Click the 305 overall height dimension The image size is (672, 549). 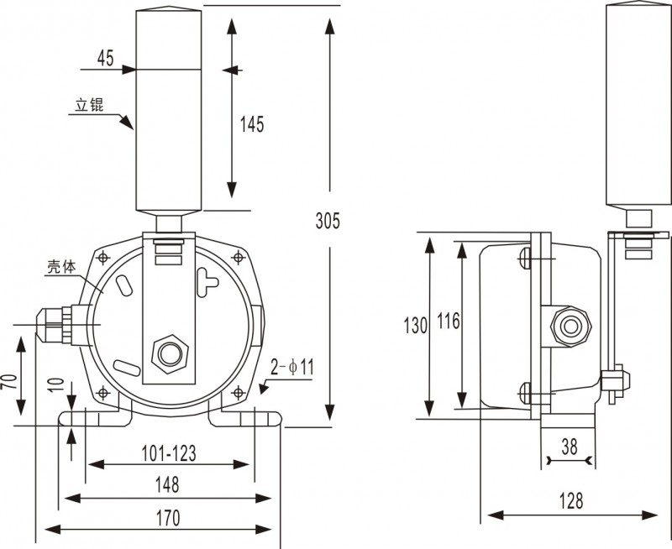click(328, 221)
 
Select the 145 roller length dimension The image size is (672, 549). click(252, 124)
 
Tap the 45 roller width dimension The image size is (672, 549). click(105, 58)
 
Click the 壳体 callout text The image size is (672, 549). click(60, 269)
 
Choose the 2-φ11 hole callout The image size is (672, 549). click(292, 367)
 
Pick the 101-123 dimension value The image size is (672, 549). click(169, 454)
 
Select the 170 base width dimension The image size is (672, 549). click(167, 518)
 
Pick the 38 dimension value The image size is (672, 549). click(570, 447)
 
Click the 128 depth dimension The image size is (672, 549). click(570, 501)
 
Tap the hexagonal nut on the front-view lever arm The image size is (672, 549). click(167, 352)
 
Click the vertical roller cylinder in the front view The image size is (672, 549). click(170, 109)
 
